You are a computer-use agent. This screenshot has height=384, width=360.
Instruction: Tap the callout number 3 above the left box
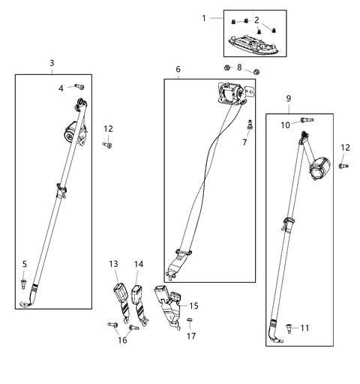tap(52, 63)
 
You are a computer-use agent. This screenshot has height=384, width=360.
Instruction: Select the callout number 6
tap(178, 69)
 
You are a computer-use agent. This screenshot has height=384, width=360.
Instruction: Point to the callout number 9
tap(289, 99)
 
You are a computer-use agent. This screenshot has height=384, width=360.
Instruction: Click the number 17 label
tap(191, 336)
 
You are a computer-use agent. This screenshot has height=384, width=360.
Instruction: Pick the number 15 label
tap(194, 306)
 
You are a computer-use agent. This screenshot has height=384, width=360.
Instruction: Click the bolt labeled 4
tap(77, 88)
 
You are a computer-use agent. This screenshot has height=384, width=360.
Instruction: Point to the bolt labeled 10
tap(305, 119)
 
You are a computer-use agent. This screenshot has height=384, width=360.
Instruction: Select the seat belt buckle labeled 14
tap(139, 294)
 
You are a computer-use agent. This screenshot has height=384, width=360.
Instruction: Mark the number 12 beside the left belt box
tap(109, 128)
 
